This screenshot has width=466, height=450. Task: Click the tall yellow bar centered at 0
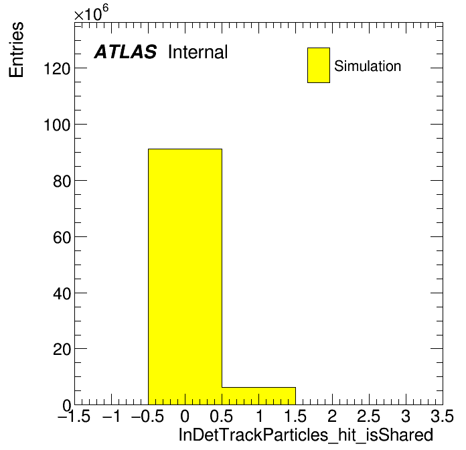click(x=185, y=277)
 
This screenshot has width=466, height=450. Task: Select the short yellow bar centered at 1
click(x=258, y=396)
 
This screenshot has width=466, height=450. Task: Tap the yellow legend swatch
click(x=319, y=65)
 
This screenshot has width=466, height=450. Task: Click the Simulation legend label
click(x=368, y=66)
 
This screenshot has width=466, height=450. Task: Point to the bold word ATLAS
click(x=125, y=52)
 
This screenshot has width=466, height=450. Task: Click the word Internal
click(x=198, y=52)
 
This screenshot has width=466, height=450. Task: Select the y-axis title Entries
click(x=16, y=50)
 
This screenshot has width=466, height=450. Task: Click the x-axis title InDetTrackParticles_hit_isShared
click(x=306, y=435)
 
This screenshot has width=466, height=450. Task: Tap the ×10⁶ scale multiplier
click(x=91, y=13)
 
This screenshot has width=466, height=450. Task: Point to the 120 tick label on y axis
click(x=57, y=69)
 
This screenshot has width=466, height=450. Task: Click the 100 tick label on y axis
click(x=57, y=125)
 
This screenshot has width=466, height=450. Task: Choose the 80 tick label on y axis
click(x=62, y=181)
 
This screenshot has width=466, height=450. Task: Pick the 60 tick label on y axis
click(x=62, y=237)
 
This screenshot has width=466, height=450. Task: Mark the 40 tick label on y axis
click(x=62, y=293)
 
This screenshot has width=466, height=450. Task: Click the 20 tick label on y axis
click(x=62, y=350)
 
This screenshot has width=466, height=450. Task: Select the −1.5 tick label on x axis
click(x=74, y=416)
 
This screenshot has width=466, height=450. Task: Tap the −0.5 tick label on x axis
click(x=147, y=416)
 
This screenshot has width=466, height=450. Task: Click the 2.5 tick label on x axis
click(x=368, y=416)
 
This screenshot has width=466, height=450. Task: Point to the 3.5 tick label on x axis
click(x=442, y=416)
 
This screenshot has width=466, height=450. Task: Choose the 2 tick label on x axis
click(x=332, y=416)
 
